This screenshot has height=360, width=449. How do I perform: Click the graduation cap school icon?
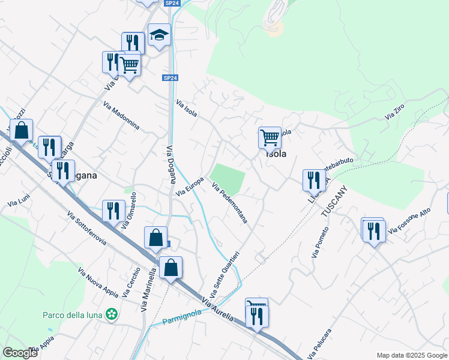pyautogui.click(x=159, y=35)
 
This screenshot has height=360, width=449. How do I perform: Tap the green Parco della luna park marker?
pyautogui.click(x=111, y=313)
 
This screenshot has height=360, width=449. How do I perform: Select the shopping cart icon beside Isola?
pyautogui.click(x=270, y=137)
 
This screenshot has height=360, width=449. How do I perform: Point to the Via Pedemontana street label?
pyautogui.click(x=229, y=203)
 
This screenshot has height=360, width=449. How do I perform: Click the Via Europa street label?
pyautogui.click(x=190, y=187)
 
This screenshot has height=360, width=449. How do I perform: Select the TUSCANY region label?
pyautogui.click(x=334, y=202)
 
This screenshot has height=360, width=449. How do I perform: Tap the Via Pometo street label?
pyautogui.click(x=321, y=242)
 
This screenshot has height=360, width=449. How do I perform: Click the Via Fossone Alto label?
pyautogui.click(x=409, y=221)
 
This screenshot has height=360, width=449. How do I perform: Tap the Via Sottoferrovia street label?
pyautogui.click(x=87, y=229)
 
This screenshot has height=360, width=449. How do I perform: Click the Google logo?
pyautogui.click(x=19, y=353)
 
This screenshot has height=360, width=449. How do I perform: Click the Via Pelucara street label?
pyautogui.click(x=320, y=343)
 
